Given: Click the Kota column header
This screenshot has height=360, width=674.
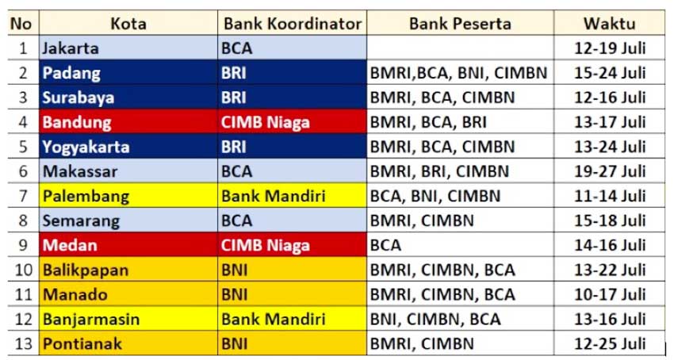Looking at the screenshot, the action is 128,24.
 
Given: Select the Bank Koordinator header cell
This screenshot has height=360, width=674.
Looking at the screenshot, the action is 293,24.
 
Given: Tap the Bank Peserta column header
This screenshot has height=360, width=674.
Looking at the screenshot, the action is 460,24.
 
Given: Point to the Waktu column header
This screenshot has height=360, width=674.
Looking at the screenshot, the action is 610,24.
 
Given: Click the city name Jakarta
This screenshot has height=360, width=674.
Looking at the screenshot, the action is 71,48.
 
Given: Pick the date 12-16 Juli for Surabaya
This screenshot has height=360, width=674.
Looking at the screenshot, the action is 610,98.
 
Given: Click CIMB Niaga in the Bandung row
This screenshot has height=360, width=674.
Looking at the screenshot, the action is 265,122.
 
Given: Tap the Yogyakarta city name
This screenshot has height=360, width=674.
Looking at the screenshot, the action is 86,147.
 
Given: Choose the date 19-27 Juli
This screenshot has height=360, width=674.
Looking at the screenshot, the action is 610,171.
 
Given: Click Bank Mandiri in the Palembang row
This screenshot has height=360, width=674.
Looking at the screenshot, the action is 274,196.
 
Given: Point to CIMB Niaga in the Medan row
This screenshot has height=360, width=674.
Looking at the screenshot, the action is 265,245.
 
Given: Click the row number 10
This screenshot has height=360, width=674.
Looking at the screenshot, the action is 24,270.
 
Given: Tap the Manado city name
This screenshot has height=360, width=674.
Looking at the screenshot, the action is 75,295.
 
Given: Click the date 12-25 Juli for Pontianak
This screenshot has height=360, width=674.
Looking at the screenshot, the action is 610,343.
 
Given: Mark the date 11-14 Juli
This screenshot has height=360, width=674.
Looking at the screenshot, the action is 610,196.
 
